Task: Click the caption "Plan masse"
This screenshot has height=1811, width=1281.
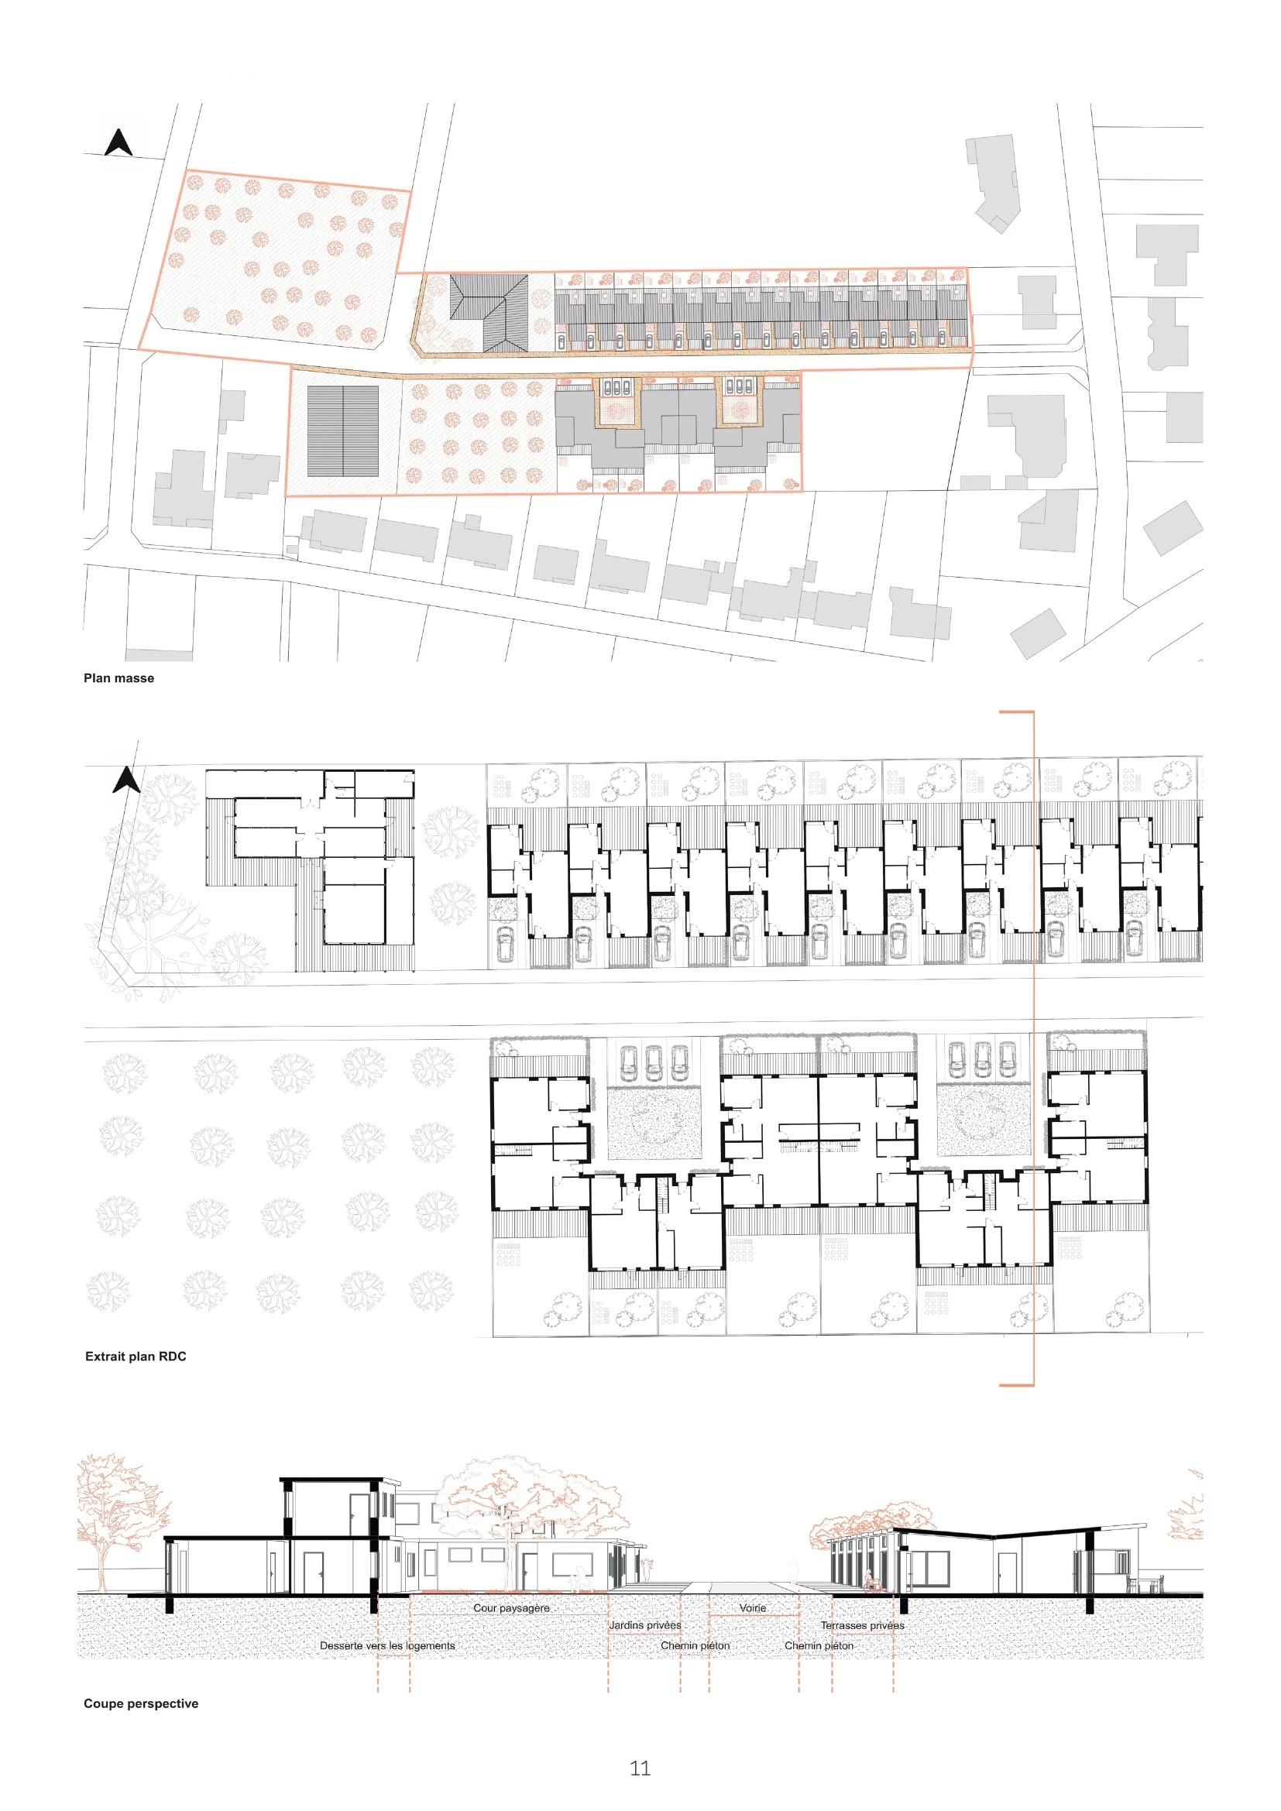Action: [118, 678]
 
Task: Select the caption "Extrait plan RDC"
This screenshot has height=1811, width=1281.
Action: [136, 1357]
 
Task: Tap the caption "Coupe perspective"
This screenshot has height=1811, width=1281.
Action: [141, 1703]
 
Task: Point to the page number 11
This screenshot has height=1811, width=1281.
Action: [640, 1768]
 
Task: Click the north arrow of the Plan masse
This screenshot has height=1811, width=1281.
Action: [118, 142]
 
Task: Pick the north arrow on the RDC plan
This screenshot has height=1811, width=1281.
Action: [127, 780]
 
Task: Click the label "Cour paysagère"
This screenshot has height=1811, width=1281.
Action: [511, 1607]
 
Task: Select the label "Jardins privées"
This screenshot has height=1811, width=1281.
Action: [645, 1625]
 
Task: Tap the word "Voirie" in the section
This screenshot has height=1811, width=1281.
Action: [753, 1607]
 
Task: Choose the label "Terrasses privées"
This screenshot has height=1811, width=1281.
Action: [862, 1625]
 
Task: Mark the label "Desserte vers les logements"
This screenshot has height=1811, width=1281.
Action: [387, 1645]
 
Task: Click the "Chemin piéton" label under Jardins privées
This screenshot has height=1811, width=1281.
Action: [695, 1645]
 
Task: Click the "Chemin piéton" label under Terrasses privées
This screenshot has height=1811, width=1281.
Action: [819, 1645]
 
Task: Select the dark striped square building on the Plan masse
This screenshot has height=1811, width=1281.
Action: [342, 430]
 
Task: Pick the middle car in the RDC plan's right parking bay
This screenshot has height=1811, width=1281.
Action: [982, 1060]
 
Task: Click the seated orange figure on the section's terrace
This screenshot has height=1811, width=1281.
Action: [870, 1581]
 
